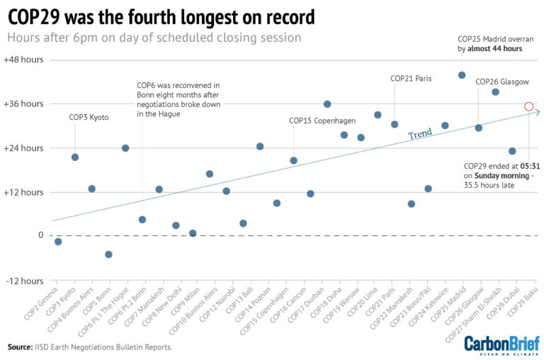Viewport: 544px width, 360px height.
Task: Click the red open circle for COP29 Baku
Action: [x=528, y=106]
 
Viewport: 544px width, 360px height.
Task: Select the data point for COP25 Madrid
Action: [x=462, y=75]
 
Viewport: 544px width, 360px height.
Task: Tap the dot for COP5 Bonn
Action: [x=108, y=254]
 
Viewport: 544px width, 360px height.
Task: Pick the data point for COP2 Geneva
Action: [x=58, y=242]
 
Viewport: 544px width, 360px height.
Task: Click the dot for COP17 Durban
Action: [x=327, y=104]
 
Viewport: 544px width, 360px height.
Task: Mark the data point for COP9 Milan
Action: [x=193, y=233]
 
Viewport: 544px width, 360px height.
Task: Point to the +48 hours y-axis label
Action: [x=23, y=60]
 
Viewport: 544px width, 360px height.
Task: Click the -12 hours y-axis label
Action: [x=25, y=281]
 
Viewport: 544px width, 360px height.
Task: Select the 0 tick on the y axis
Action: [x=40, y=235]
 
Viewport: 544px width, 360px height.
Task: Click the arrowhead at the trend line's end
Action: [x=538, y=111]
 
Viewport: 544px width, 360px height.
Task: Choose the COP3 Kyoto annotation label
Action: [x=89, y=117]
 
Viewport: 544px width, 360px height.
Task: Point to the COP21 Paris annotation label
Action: [x=411, y=79]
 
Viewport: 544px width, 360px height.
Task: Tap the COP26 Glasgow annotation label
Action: [x=501, y=81]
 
